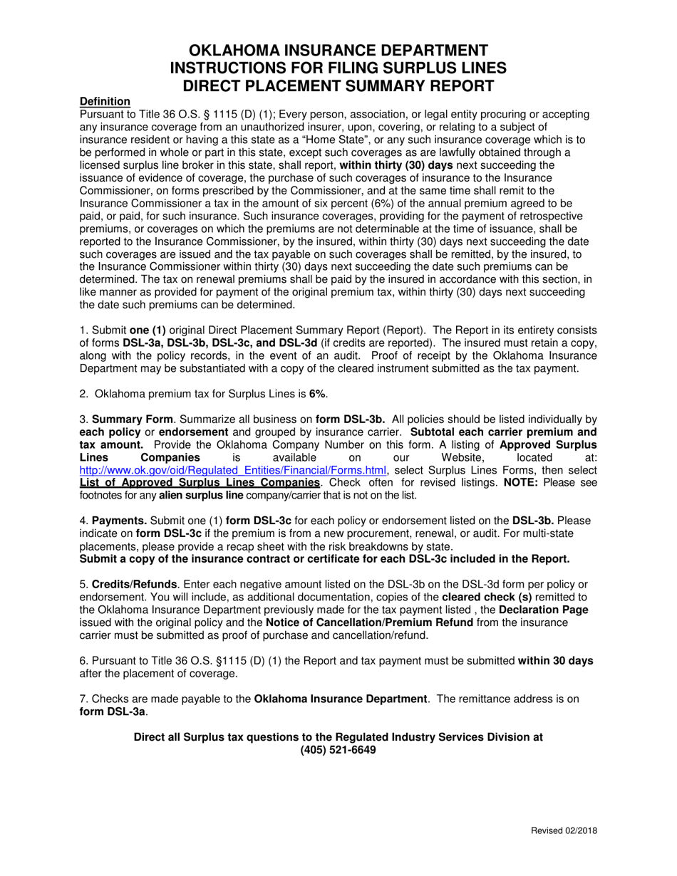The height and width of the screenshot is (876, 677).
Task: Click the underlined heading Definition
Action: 105,101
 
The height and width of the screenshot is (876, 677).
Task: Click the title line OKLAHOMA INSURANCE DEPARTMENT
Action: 338,51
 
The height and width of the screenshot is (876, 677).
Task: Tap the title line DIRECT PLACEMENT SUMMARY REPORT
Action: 338,85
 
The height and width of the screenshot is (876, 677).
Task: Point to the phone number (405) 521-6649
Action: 338,750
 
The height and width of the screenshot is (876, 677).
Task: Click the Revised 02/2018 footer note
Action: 564,830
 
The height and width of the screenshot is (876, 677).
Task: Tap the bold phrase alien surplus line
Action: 202,495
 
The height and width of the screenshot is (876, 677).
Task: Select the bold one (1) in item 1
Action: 148,330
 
